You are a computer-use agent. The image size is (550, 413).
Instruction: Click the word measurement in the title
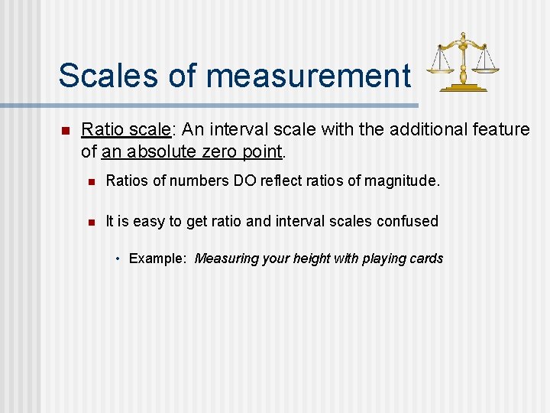click(x=309, y=76)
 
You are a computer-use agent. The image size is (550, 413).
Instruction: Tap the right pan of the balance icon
click(x=485, y=70)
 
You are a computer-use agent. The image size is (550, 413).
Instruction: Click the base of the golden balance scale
click(x=463, y=88)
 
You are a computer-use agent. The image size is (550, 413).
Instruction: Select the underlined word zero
click(x=219, y=151)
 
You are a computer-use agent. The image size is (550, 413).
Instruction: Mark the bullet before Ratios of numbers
click(x=90, y=182)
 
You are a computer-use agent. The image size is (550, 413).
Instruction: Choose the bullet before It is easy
click(x=90, y=223)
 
